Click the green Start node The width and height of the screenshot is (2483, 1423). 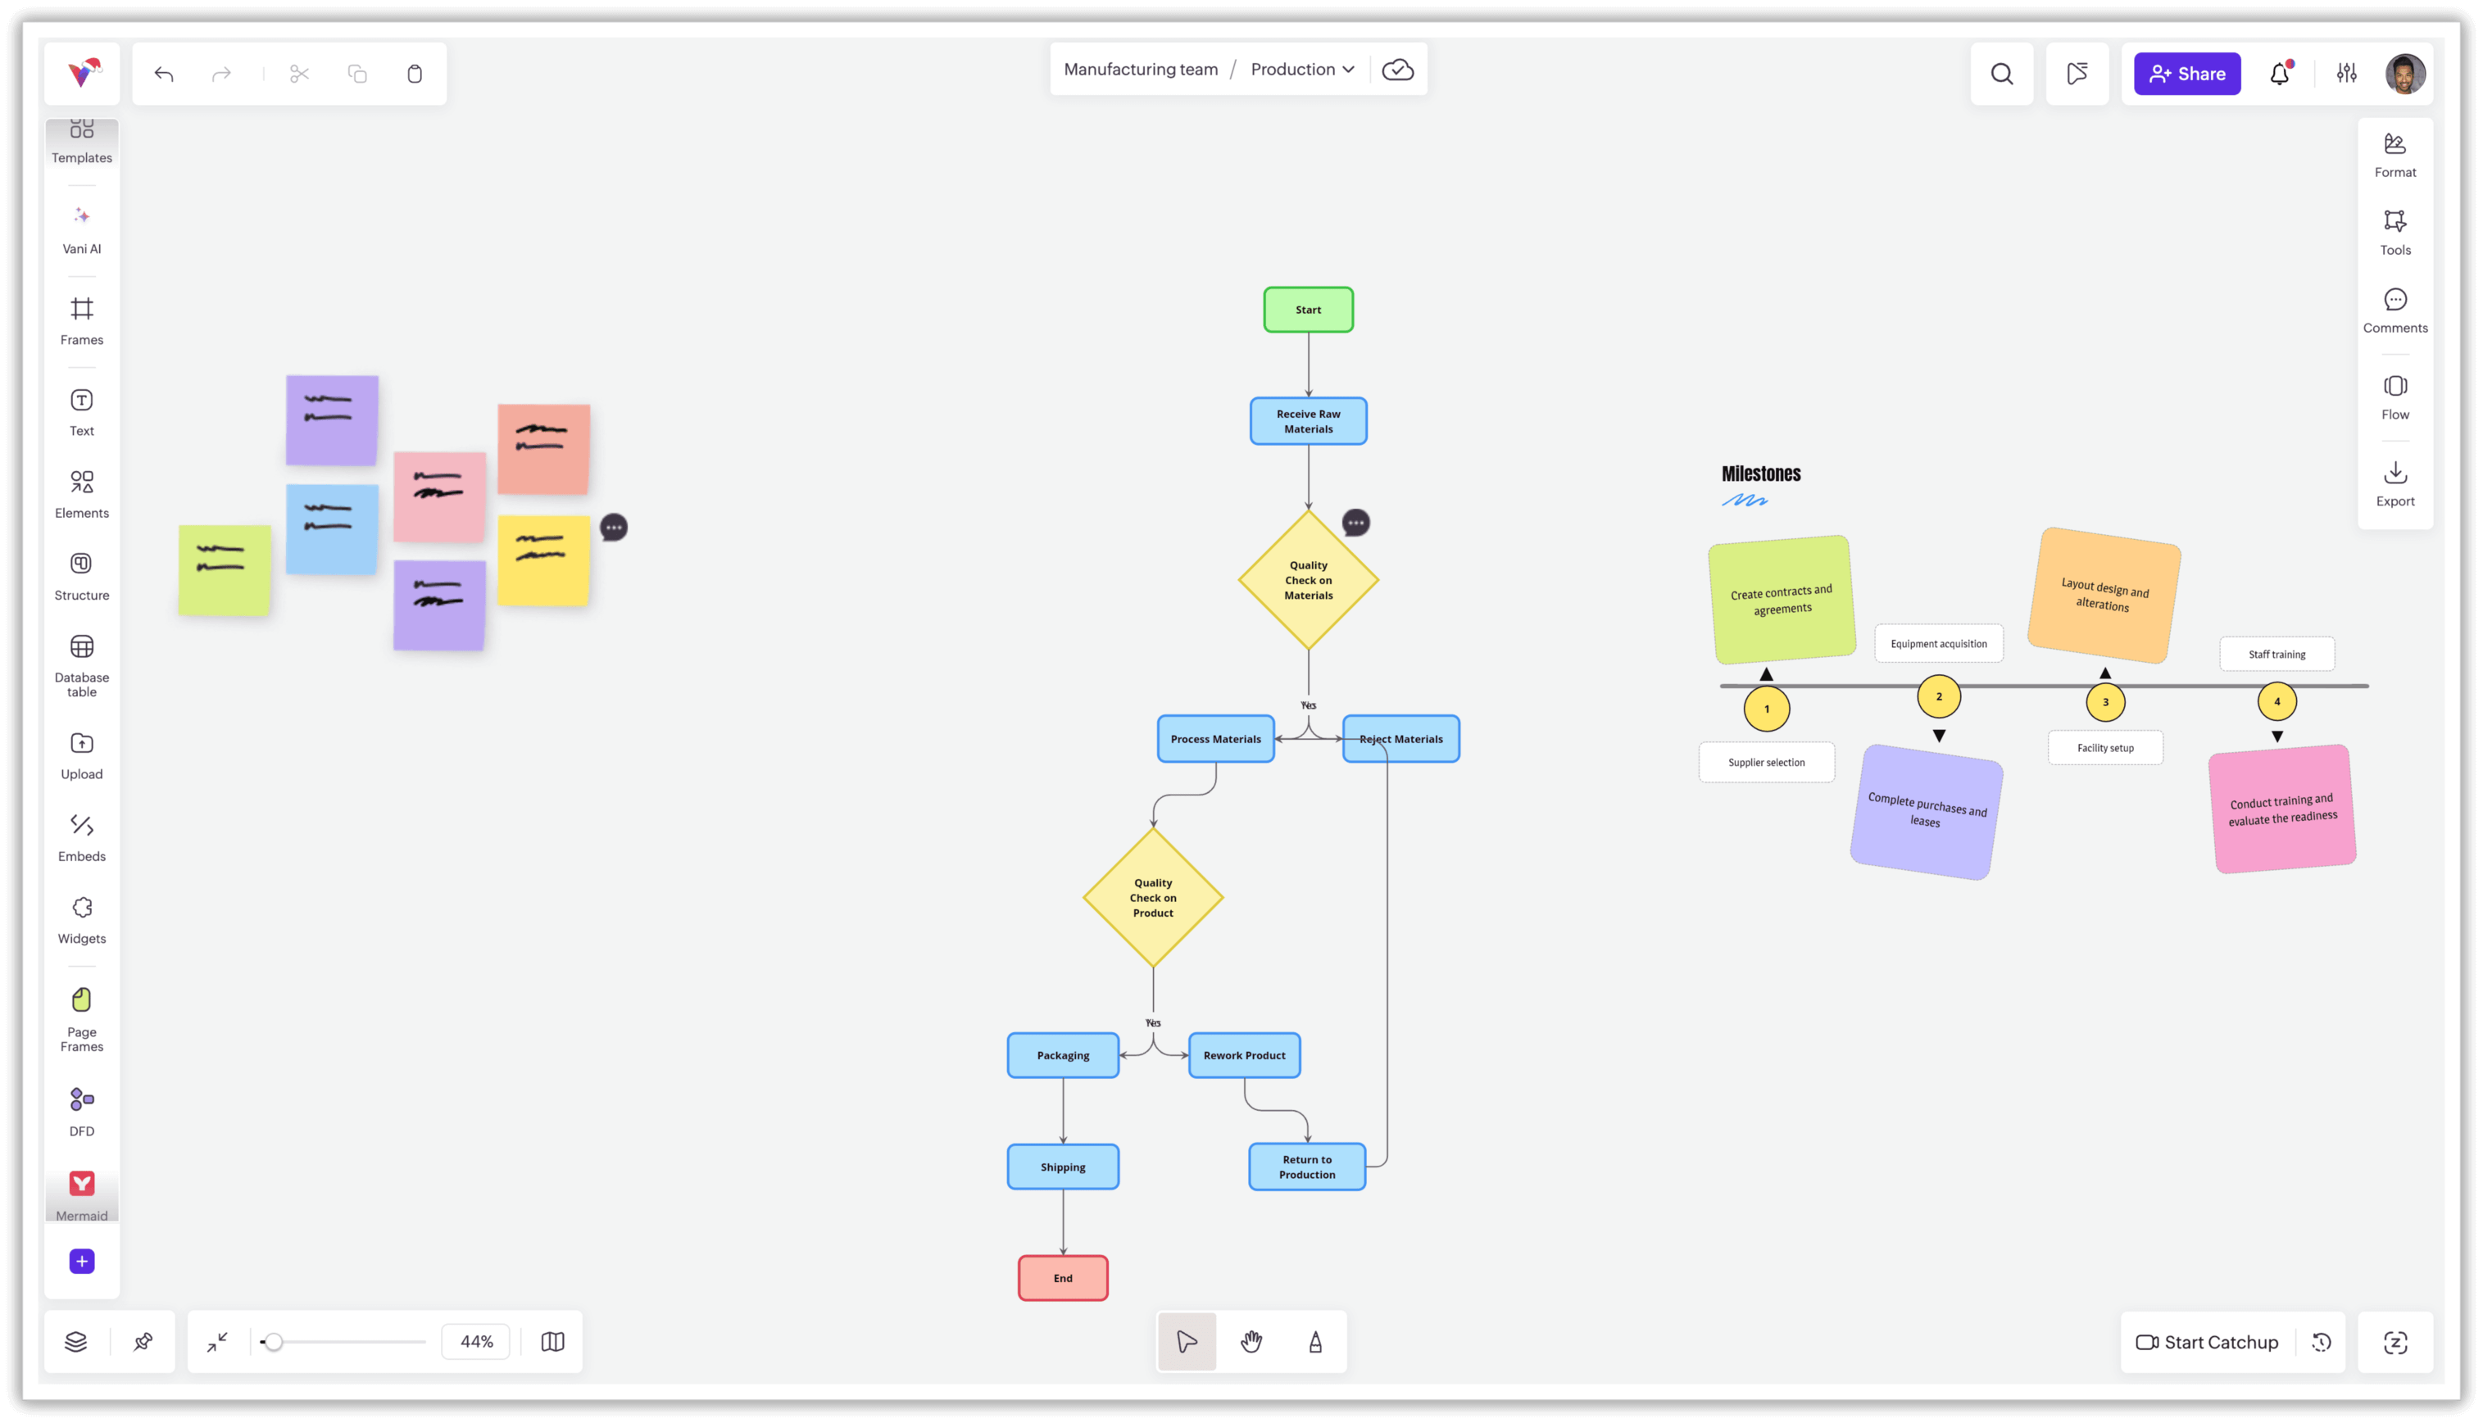[x=1308, y=310]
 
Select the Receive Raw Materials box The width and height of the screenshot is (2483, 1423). [x=1308, y=421]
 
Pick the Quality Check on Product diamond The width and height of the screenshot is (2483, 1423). [x=1152, y=897]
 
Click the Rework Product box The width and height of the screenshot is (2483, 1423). [x=1243, y=1055]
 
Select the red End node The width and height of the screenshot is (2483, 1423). [x=1063, y=1277]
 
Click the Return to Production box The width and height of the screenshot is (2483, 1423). [x=1306, y=1167]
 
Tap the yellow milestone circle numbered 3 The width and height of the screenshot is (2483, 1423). [x=2104, y=702]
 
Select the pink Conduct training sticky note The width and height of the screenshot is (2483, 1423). [x=2281, y=809]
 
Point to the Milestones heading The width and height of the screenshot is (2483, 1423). [x=1760, y=474]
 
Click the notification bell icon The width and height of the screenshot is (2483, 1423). [x=2279, y=73]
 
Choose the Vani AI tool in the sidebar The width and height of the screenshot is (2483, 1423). [x=82, y=229]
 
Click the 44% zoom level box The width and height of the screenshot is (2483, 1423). [x=476, y=1341]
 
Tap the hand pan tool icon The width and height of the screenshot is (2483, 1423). [x=1251, y=1341]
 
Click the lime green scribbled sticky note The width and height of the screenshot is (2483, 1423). [x=224, y=570]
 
